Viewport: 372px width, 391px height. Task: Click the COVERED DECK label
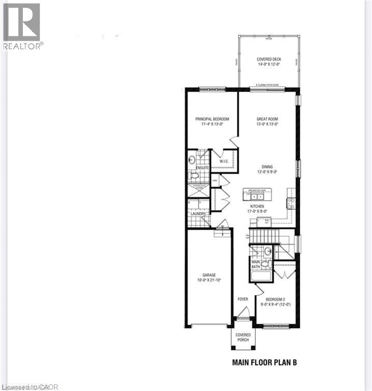(268, 60)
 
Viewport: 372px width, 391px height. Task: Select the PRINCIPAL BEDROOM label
(212, 119)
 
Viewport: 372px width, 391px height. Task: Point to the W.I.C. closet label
(223, 162)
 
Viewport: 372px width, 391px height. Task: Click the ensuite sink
(192, 159)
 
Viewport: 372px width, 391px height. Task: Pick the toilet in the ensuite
(194, 176)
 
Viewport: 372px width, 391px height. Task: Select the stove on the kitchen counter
(290, 203)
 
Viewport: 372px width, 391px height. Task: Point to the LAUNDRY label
(198, 214)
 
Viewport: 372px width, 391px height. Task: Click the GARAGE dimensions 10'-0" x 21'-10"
(209, 280)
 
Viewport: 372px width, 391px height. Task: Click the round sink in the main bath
(268, 251)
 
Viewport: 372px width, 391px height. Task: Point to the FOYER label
(243, 298)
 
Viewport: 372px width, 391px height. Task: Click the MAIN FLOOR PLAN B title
(264, 363)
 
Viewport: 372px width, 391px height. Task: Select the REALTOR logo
(21, 25)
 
